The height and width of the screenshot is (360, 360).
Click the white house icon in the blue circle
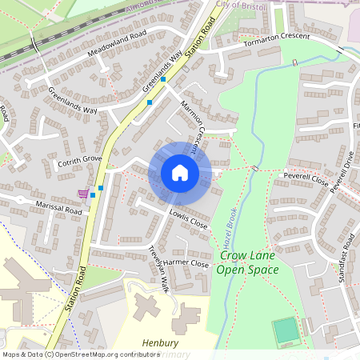(180, 172)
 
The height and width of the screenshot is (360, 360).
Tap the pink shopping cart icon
(82, 194)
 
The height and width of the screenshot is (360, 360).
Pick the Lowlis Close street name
(188, 218)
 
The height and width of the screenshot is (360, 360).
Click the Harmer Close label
(186, 263)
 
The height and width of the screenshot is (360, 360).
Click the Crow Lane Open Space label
(249, 262)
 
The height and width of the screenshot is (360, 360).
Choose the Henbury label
(160, 343)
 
